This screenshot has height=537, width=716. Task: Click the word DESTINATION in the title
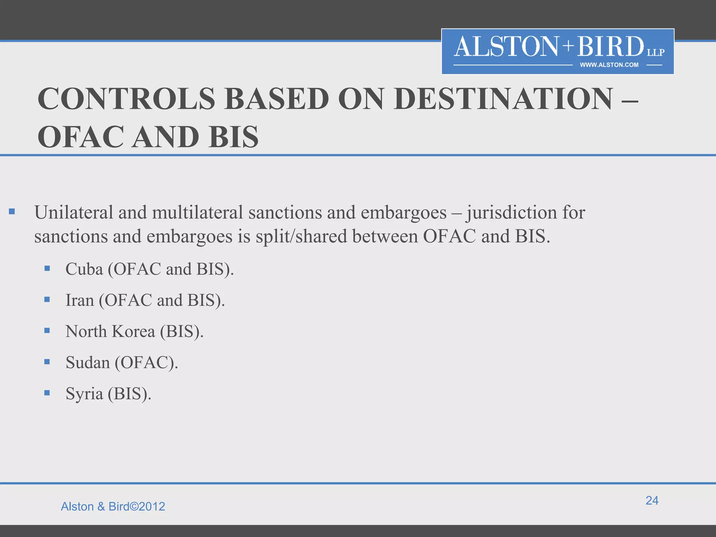pyautogui.click(x=503, y=99)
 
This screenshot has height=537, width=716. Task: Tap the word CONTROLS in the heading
pyautogui.click(x=126, y=99)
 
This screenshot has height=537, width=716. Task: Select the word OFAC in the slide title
pyautogui.click(x=81, y=137)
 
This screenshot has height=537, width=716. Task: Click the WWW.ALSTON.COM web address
pyautogui.click(x=609, y=65)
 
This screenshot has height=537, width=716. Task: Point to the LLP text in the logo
pyautogui.click(x=656, y=52)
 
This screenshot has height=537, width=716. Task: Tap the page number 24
pyautogui.click(x=652, y=500)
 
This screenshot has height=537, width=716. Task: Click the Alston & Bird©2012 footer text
pyautogui.click(x=113, y=507)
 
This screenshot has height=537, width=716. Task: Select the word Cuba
pyautogui.click(x=84, y=269)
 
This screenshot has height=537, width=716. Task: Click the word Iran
pyautogui.click(x=80, y=300)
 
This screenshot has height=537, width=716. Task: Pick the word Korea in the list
pyautogui.click(x=133, y=331)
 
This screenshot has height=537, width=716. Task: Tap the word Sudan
pyautogui.click(x=88, y=363)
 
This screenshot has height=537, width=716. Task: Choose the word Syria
pyautogui.click(x=84, y=394)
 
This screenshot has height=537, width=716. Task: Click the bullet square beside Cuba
pyautogui.click(x=47, y=268)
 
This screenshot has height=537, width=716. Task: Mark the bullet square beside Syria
pyautogui.click(x=47, y=393)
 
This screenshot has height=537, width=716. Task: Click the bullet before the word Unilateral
pyautogui.click(x=12, y=211)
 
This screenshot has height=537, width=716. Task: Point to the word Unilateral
pyautogui.click(x=74, y=213)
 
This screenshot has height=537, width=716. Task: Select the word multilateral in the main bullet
pyautogui.click(x=198, y=213)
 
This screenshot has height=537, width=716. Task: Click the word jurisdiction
pyautogui.click(x=512, y=213)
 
